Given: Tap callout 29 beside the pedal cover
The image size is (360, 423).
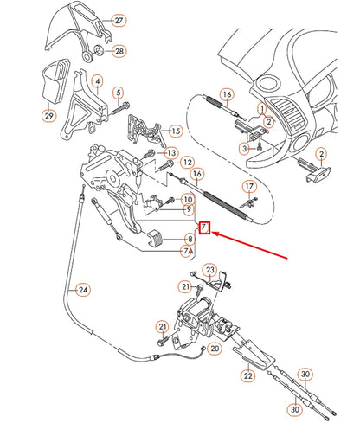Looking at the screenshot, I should tap(48, 113).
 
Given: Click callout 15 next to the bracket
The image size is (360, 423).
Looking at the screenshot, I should tap(176, 131).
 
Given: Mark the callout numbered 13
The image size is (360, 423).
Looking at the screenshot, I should tap(186, 149).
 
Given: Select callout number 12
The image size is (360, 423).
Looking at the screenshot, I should tap(187, 163).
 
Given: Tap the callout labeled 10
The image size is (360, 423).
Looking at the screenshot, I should tap(188, 199).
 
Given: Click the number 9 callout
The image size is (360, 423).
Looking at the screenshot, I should tap(188, 209).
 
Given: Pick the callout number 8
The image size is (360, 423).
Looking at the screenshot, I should tap(188, 240).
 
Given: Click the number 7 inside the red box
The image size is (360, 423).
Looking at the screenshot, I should tap(204, 228).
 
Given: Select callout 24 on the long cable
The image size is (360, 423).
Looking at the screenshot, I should tap(82, 289).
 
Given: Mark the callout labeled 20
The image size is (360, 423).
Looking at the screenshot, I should tap(214, 349).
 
